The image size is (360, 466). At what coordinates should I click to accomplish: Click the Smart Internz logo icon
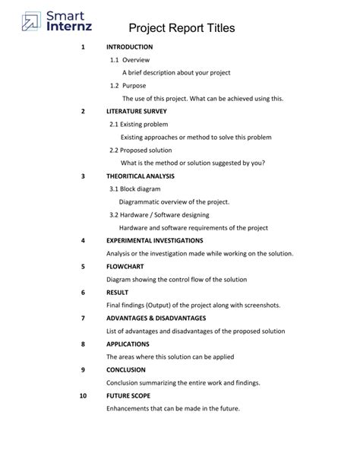coord(31,21)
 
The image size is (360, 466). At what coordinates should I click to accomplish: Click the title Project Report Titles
coord(182,28)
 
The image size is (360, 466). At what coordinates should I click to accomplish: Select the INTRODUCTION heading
coord(129,47)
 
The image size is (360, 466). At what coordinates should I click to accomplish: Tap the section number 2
coord(82,111)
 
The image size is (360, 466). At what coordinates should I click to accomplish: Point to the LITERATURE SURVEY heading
coord(136,111)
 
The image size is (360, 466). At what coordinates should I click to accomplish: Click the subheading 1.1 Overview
coord(130,59)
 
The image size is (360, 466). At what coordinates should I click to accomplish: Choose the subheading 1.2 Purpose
coord(128,85)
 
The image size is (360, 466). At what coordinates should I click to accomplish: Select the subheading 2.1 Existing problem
coord(138,124)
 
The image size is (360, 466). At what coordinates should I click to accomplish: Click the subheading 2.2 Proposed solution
coord(141,150)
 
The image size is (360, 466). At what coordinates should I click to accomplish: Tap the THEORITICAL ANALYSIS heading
coord(140,176)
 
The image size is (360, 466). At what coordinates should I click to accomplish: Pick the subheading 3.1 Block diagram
coord(136,189)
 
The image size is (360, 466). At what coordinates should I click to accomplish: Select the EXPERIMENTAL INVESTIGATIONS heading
coord(154,240)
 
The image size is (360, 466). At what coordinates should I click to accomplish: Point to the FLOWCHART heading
coord(125,267)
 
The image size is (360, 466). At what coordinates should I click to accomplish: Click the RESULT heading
coord(117,292)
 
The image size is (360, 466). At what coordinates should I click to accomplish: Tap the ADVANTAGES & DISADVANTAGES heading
coord(156,318)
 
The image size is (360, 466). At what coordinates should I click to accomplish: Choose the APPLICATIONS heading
coord(128,344)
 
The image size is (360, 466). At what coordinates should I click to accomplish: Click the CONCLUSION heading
coord(125,369)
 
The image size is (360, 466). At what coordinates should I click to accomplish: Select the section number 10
coord(83,395)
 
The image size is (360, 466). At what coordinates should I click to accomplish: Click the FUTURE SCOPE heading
coord(128,395)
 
